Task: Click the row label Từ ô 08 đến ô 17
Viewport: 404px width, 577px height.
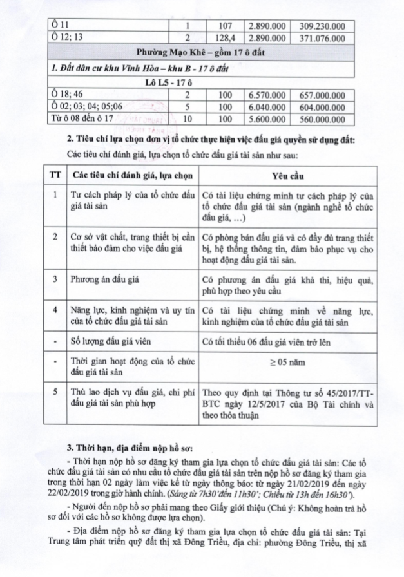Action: point(79,119)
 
